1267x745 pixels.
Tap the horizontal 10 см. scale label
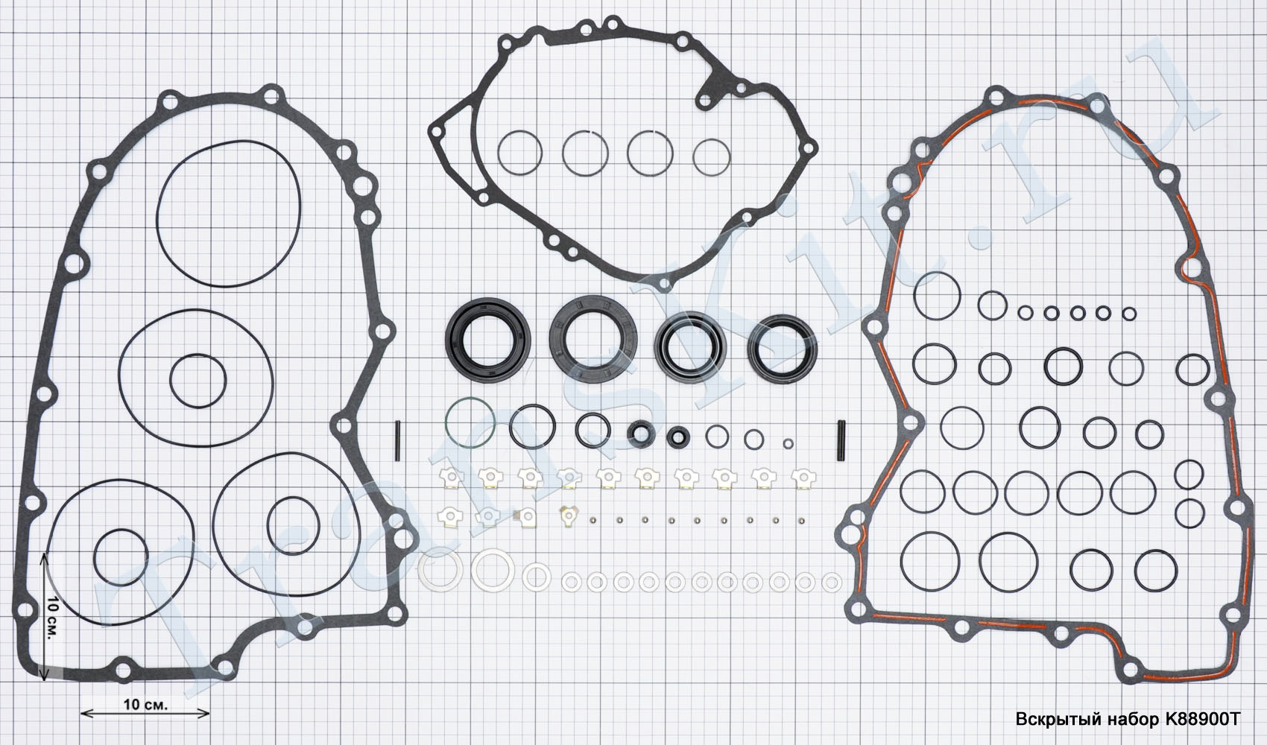click(145, 705)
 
